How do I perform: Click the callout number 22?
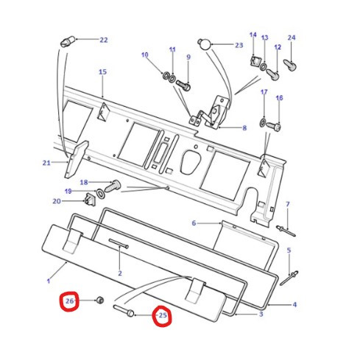103,40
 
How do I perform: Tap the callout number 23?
239,45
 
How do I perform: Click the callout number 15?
102,72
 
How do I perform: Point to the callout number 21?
46,163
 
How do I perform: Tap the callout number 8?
244,127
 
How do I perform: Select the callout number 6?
194,222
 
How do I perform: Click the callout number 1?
48,281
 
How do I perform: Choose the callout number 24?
292,38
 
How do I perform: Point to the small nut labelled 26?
99,301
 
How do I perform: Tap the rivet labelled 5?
292,276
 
